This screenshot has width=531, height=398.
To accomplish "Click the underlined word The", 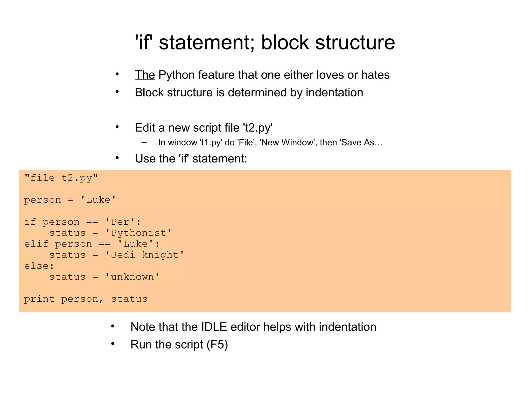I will (145, 75).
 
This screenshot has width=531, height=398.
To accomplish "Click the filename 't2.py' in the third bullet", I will (258, 128).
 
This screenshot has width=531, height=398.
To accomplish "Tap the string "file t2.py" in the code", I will (61, 178).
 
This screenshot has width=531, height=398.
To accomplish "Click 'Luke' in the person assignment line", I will (98, 200).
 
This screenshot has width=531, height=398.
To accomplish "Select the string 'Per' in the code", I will (120, 222).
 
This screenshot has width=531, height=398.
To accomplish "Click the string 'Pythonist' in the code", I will (138, 233).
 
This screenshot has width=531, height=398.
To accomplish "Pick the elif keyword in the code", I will (36, 244).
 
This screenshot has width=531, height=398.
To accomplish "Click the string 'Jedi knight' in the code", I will (145, 255).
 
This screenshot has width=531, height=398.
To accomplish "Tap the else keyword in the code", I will (36, 266).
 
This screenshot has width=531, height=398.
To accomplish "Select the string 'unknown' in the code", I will (132, 277).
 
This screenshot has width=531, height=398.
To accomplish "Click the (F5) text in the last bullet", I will (217, 345).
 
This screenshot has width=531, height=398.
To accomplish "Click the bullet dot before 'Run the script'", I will (113, 344).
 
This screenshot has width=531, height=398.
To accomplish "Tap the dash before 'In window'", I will (144, 143).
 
